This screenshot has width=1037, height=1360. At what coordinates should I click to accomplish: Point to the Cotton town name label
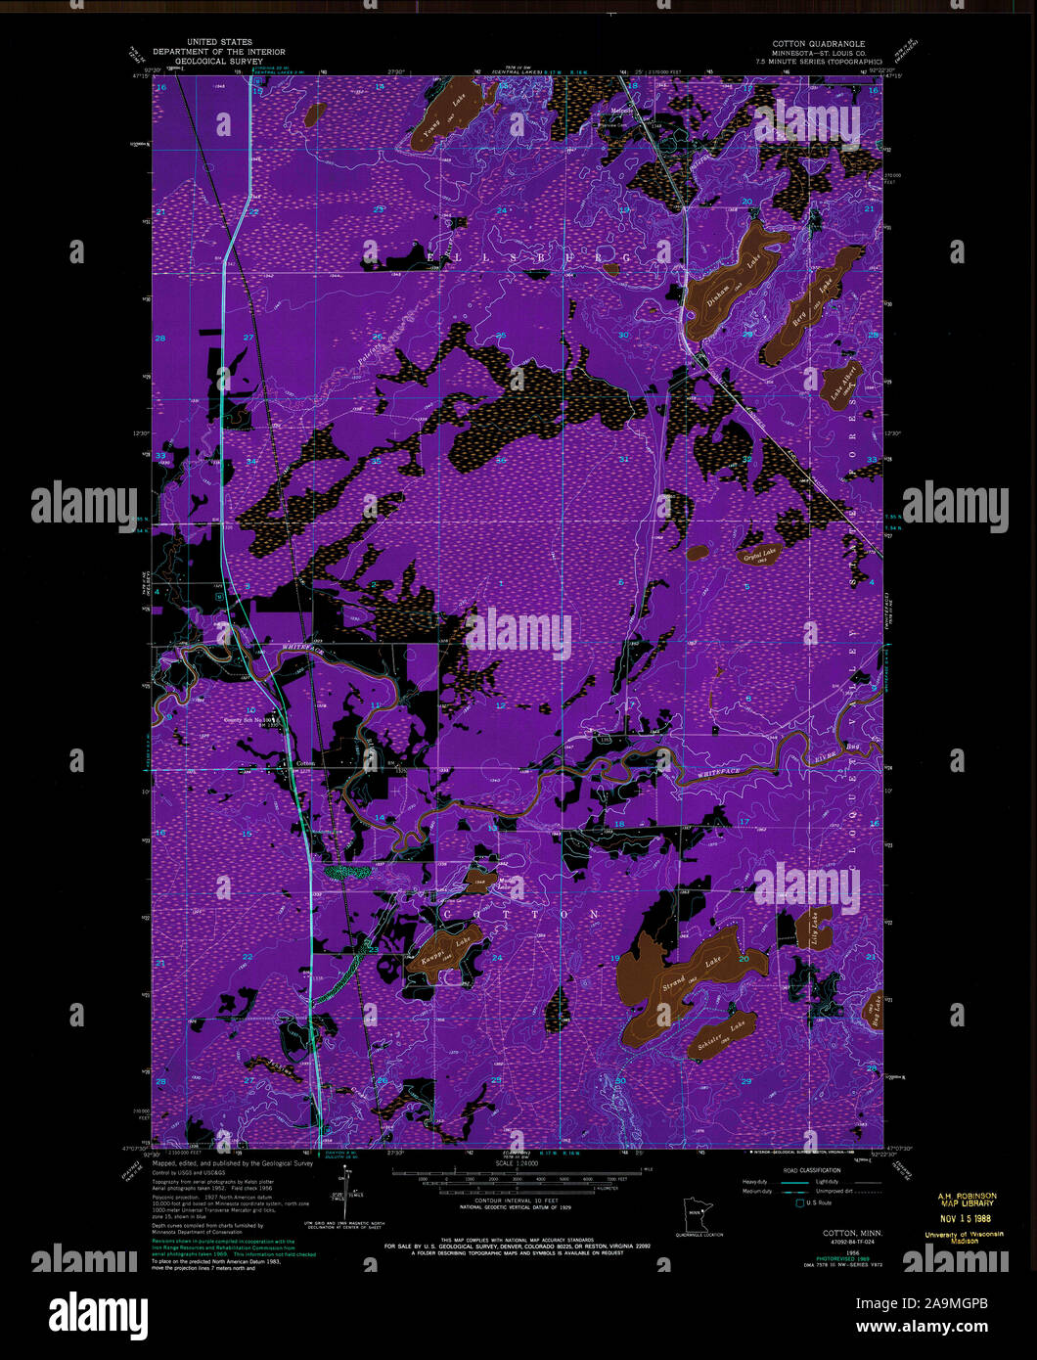tap(305, 764)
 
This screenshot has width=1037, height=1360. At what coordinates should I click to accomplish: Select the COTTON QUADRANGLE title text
tap(818, 44)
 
